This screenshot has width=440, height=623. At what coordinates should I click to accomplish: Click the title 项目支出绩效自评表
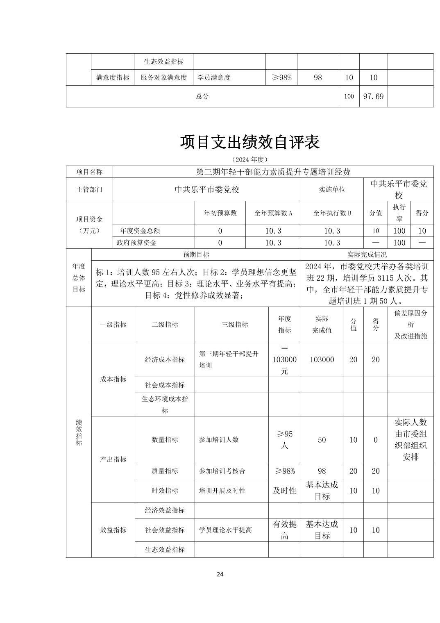point(249,142)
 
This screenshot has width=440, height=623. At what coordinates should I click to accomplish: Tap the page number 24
point(220,574)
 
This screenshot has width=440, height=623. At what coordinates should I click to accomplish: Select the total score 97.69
point(373,96)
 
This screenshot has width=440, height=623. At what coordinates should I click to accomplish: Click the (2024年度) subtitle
point(249,159)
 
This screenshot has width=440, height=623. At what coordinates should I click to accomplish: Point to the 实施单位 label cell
point(332,189)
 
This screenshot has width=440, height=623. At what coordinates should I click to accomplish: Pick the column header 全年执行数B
point(332,213)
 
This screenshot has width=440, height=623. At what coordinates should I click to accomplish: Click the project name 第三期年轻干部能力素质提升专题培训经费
point(273,172)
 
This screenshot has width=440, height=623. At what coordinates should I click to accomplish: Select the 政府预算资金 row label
point(137,243)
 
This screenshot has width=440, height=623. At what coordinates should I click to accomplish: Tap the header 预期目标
point(196,255)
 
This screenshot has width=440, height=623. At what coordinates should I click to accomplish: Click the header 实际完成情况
point(367,255)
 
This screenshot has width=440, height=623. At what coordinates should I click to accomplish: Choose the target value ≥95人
point(284,439)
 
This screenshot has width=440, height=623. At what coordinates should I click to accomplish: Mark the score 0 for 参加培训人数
point(375,440)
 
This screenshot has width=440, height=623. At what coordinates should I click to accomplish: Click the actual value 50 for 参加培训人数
point(322,440)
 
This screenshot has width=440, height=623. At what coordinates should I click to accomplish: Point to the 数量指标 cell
point(165,440)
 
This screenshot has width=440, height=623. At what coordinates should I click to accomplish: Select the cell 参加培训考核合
point(222,471)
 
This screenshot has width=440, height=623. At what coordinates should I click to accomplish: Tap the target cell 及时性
point(284,491)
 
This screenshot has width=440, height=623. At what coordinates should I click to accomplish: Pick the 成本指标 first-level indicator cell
point(113,379)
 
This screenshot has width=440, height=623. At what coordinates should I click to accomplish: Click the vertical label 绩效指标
point(79,432)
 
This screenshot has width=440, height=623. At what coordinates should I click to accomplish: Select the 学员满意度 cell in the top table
point(214,77)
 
